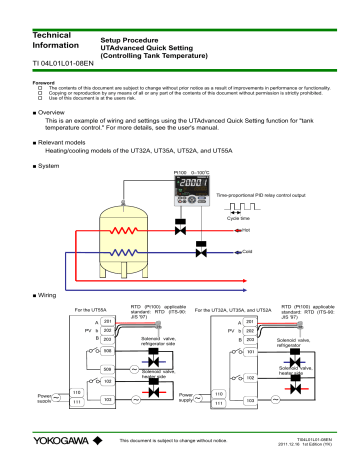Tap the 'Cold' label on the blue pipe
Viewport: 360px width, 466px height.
tap(275, 253)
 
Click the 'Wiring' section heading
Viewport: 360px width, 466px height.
tap(41, 296)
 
